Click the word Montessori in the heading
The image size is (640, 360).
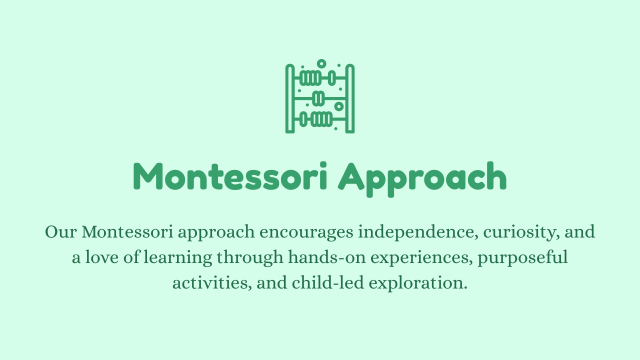[x=230, y=176]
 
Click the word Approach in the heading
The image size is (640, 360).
[x=422, y=179]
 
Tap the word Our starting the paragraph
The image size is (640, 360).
[x=61, y=231]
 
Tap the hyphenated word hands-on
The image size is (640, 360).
[x=327, y=257]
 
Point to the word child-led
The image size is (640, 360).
[x=328, y=282]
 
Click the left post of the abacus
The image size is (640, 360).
[x=290, y=98]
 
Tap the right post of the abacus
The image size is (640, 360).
[x=350, y=98]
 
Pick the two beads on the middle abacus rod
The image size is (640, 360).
[x=318, y=98]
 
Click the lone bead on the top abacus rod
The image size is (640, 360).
[x=331, y=78]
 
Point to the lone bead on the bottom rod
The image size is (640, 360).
[x=303, y=119]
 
